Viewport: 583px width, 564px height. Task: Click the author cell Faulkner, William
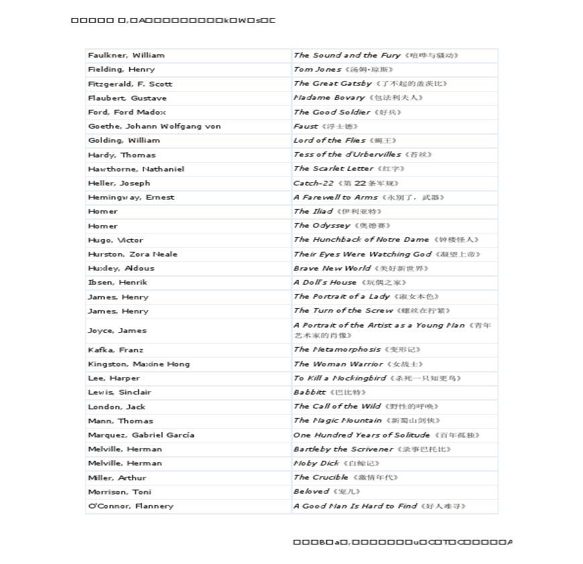[126, 56]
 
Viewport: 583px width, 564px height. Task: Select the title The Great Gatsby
[332, 84]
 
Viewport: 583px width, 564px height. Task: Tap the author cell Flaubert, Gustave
[127, 98]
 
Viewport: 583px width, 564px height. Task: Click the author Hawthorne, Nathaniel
[136, 169]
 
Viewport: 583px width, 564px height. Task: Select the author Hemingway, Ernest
[131, 198]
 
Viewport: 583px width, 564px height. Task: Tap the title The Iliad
[313, 212]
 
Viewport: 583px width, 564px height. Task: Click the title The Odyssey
[322, 226]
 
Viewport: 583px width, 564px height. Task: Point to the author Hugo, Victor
[115, 240]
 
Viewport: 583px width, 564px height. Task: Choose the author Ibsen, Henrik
[118, 283]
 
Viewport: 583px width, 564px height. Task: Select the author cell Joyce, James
[117, 330]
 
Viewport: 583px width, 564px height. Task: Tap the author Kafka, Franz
[115, 350]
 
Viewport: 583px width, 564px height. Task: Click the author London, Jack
[117, 407]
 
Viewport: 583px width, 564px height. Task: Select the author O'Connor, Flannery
[131, 506]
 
